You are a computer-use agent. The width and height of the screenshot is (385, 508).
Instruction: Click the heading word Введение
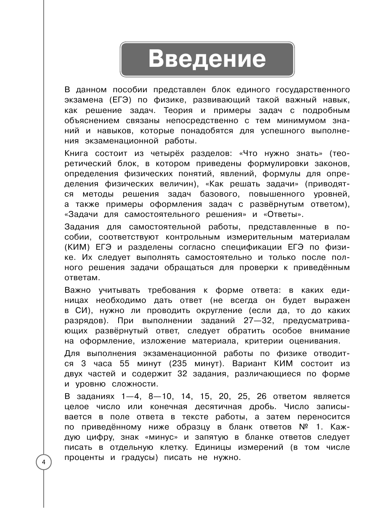pyautogui.click(x=207, y=59)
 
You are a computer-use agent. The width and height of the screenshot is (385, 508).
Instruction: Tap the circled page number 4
pyautogui.click(x=44, y=463)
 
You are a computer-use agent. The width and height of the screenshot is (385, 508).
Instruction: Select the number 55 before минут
pyautogui.click(x=125, y=363)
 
